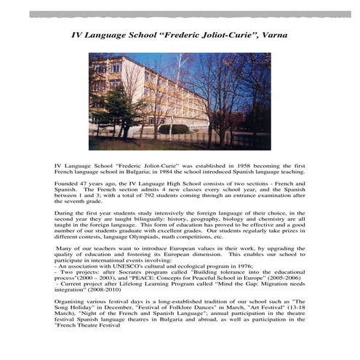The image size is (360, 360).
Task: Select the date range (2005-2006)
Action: tap(279, 287)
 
